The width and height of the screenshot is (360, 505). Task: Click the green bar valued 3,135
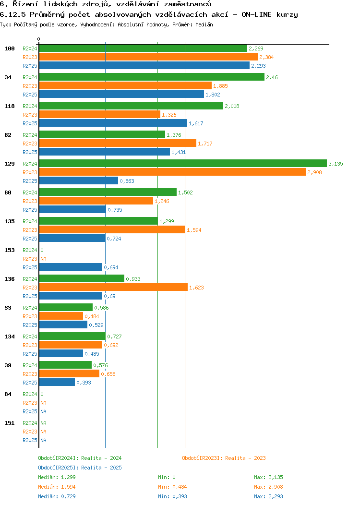pyautogui.click(x=182, y=164)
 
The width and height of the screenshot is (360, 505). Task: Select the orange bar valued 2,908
pyautogui.click(x=172, y=172)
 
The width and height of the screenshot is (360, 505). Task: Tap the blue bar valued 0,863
pyautogui.click(x=78, y=181)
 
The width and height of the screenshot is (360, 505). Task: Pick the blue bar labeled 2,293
pyautogui.click(x=144, y=66)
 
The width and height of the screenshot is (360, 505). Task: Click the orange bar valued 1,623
pyautogui.click(x=113, y=288)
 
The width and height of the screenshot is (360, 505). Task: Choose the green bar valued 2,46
pyautogui.click(x=151, y=77)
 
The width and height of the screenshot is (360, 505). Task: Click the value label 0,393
pyautogui.click(x=84, y=383)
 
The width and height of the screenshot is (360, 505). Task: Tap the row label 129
pyautogui.click(x=10, y=164)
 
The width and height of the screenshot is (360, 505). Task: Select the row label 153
pyautogui.click(x=10, y=250)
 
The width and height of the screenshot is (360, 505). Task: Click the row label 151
pyautogui.click(x=10, y=423)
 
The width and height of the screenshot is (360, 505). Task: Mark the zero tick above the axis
pyautogui.click(x=39, y=39)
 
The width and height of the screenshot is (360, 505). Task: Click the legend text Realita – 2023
pyautogui.click(x=245, y=458)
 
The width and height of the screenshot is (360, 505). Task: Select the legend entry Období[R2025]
pyautogui.click(x=59, y=468)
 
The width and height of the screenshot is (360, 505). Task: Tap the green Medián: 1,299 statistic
pyautogui.click(x=57, y=477)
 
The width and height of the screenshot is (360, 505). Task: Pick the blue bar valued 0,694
pyautogui.click(x=71, y=267)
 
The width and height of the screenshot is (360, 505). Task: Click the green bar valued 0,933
pyautogui.click(x=82, y=279)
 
